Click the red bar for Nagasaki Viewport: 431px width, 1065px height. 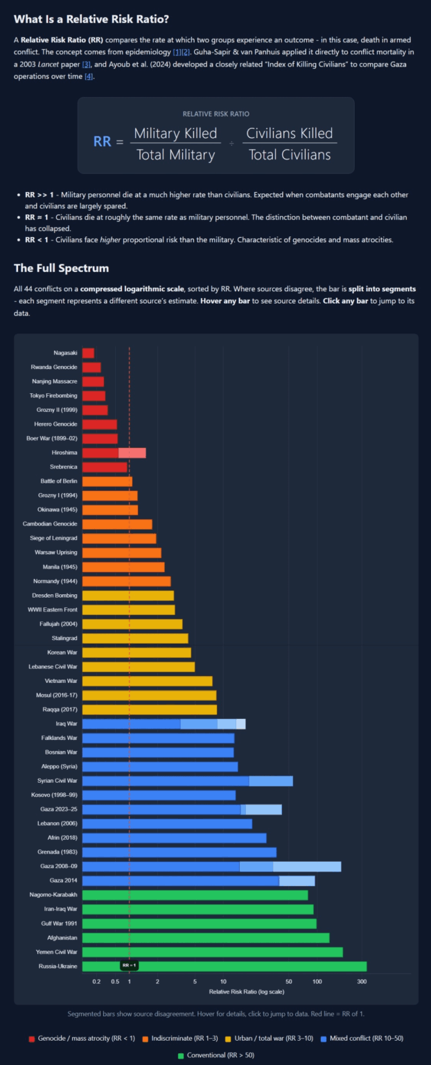[88, 353]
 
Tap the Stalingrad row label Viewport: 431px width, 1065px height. [64, 638]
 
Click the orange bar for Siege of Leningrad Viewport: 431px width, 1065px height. [119, 538]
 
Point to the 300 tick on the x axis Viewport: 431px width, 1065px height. [362, 982]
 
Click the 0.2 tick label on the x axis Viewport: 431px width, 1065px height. [96, 982]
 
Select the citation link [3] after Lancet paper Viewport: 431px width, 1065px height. [87, 64]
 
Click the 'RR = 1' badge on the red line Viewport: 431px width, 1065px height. [129, 965]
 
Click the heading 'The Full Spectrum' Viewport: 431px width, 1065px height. [61, 268]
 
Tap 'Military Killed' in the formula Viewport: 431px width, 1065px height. [175, 134]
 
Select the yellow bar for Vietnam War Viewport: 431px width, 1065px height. [147, 681]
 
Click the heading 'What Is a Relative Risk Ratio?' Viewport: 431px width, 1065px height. [91, 19]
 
